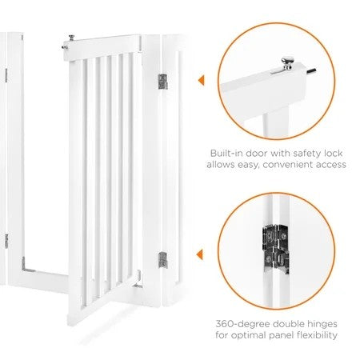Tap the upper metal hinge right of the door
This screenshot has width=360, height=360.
163,81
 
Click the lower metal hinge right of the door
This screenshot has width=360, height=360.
163,258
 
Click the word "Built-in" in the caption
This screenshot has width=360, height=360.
228,151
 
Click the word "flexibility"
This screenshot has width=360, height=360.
319,338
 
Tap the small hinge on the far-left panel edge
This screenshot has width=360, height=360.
5,239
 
